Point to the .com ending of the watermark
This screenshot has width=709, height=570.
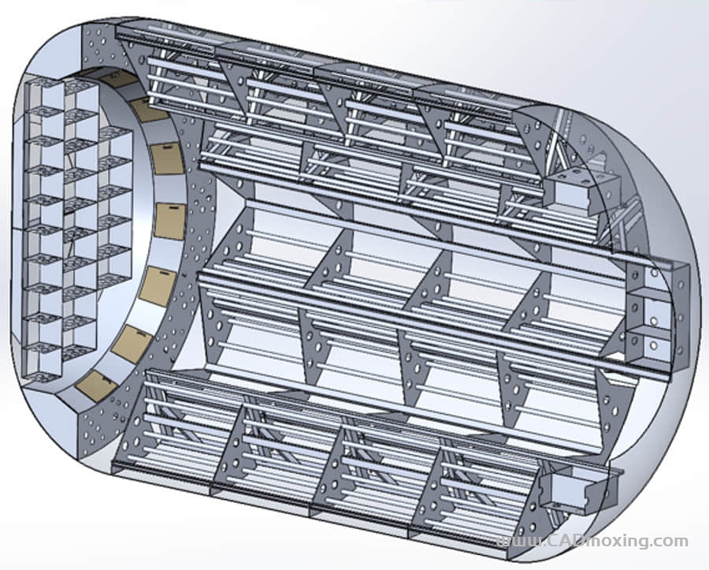tap(670, 541)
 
